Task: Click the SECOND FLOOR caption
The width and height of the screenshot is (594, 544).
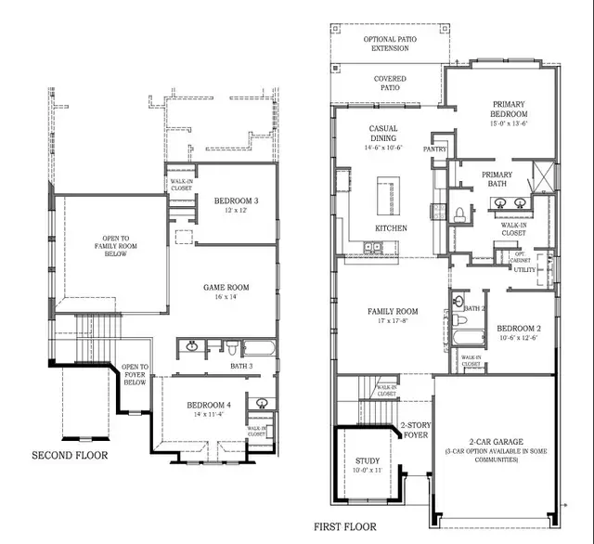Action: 71,456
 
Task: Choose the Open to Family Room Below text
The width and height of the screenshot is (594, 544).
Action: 109,246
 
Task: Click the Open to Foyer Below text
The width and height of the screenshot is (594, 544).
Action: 135,374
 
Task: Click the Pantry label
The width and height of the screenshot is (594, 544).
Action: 434,148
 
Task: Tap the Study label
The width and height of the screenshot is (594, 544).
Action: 368,465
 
